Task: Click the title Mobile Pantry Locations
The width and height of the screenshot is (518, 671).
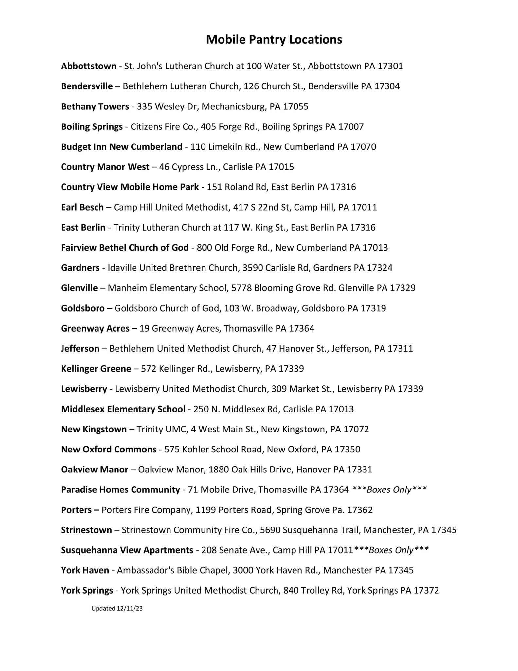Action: pos(274,40)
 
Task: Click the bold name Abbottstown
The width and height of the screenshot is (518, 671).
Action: pos(88,66)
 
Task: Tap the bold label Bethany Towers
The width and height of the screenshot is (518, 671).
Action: pos(95,107)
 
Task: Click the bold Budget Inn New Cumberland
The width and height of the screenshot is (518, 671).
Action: pos(121,147)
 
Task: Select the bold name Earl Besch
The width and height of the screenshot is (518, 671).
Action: pos(82,207)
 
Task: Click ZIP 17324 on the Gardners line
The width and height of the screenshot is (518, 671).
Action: pos(379,268)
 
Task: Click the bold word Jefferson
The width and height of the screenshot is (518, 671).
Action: pos(80,349)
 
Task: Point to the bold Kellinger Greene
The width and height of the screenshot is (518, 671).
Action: pos(96,369)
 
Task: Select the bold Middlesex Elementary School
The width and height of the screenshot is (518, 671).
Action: pos(123,409)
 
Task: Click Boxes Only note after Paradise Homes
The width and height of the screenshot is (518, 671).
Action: pos(389,490)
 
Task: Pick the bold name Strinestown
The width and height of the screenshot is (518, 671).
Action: pos(86,530)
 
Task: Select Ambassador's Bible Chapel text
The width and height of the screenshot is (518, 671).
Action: pos(173,570)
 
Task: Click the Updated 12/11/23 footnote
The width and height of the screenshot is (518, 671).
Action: pos(117,609)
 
